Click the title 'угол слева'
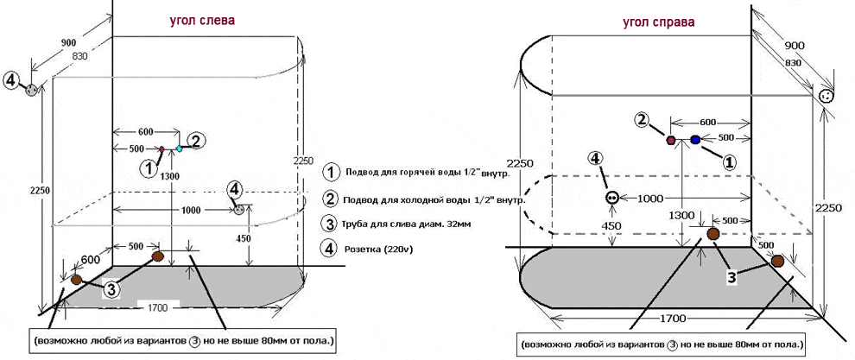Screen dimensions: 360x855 (199, 21)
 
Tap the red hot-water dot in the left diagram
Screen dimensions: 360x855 (161, 149)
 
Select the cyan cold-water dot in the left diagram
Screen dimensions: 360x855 (180, 148)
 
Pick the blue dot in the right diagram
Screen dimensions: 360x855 (696, 139)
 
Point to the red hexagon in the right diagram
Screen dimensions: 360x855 (671, 139)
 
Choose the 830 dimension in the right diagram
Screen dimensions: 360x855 (790, 63)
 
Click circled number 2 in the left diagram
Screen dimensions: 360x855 (197, 140)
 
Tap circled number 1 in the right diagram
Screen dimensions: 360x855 (728, 161)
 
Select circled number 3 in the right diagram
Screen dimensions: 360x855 (731, 277)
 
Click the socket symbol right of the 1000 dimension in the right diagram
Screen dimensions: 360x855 (611, 198)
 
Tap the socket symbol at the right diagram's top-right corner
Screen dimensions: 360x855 (826, 96)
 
